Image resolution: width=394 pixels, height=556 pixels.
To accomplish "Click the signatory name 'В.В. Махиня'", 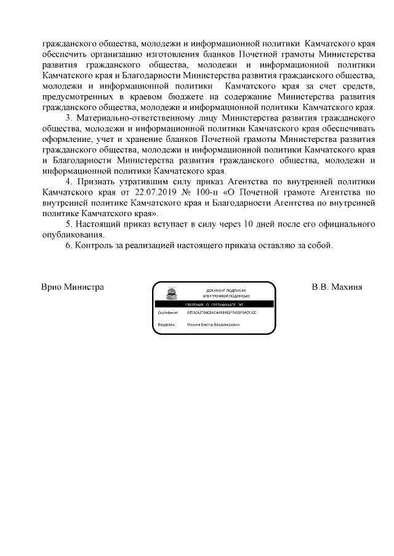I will pos(337,287).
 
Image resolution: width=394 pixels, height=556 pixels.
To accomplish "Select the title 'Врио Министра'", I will pos(72,287).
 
